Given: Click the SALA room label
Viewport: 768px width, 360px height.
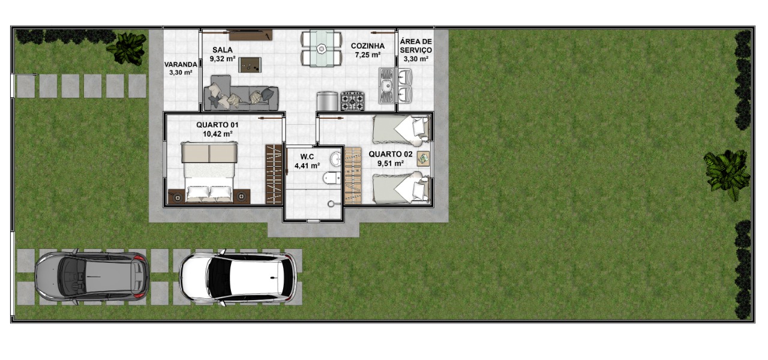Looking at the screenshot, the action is [223, 50].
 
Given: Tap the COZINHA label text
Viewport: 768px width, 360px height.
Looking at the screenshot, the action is [368, 46].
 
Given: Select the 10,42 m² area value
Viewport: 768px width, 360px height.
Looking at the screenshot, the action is [218, 134].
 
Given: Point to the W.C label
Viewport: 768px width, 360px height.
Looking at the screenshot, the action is [307, 157].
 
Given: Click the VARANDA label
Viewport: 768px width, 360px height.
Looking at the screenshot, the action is [181, 64].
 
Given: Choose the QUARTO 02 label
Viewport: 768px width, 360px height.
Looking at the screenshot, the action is [391, 154].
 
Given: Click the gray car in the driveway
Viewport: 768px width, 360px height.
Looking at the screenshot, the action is [92, 277].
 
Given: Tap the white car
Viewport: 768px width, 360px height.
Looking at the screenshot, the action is [238, 278].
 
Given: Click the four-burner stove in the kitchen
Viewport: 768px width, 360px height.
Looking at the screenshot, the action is [352, 101].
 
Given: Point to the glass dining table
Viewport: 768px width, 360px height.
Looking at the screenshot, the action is [322, 49].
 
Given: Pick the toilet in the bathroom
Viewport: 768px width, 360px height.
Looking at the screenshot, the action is [332, 178].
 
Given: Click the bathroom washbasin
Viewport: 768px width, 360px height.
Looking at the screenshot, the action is [335, 159].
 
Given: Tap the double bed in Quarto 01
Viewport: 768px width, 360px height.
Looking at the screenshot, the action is [209, 172].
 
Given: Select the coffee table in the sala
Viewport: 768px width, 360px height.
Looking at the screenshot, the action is [250, 64].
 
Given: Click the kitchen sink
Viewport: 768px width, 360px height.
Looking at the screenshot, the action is [387, 86].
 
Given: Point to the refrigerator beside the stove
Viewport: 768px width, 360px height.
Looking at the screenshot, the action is [328, 101].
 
